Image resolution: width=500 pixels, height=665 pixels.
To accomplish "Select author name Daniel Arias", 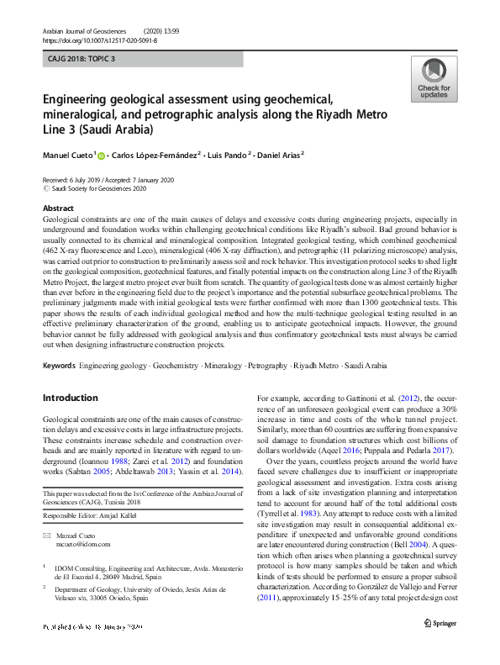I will [x=278, y=155].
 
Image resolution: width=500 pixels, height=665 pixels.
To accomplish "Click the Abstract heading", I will [x=57, y=208].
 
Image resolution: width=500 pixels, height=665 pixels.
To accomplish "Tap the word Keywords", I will [x=58, y=367].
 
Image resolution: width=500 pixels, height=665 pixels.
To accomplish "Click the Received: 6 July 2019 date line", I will [x=107, y=180].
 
